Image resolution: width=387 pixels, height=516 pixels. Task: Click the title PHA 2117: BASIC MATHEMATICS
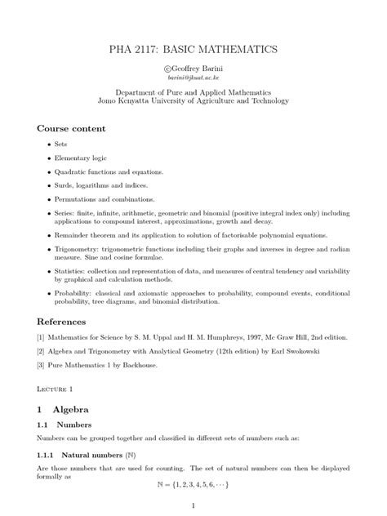pyautogui.click(x=193, y=50)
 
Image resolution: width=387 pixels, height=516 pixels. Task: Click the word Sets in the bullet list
pyautogui.click(x=60, y=144)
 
